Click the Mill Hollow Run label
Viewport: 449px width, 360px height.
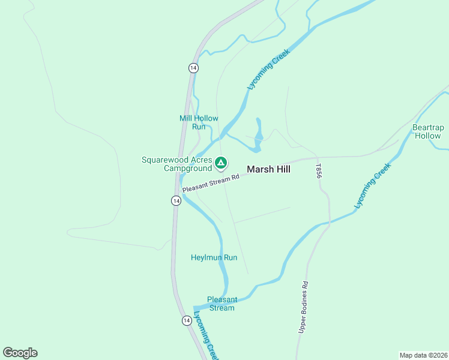(199, 122)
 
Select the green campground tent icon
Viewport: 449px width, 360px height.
(221, 163)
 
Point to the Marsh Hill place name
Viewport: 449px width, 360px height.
(268, 170)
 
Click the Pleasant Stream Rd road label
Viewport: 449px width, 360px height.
(211, 182)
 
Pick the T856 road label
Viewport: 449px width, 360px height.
(319, 170)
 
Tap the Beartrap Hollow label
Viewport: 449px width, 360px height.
(427, 131)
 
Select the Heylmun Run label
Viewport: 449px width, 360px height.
(214, 257)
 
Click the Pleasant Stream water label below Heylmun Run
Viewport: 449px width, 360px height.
(221, 304)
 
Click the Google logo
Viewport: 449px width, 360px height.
(20, 353)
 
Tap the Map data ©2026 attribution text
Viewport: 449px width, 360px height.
(423, 355)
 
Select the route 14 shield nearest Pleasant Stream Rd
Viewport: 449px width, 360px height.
(175, 201)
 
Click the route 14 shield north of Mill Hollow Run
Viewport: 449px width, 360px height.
(193, 68)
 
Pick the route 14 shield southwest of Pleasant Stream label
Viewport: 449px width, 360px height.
(187, 321)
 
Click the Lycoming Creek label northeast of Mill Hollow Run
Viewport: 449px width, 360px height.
(268, 69)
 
